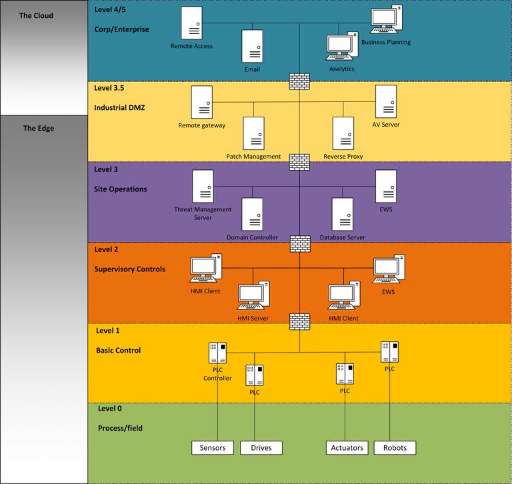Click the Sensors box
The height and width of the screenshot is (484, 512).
(x=213, y=448)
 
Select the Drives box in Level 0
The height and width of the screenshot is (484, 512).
(x=261, y=448)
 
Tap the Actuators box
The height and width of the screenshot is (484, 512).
(x=347, y=448)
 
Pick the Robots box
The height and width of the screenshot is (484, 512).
(x=395, y=448)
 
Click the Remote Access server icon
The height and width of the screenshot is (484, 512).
(x=191, y=23)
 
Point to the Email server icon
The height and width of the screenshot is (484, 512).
(x=253, y=47)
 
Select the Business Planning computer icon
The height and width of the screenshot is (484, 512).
(x=386, y=19)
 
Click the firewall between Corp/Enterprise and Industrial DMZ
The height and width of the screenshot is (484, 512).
(x=300, y=81)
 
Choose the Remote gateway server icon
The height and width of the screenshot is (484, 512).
(x=201, y=103)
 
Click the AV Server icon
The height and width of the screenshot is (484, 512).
(x=386, y=102)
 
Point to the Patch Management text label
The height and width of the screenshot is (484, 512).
(x=253, y=157)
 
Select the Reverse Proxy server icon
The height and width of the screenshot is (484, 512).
(x=343, y=133)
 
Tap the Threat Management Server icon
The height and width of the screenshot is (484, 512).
(x=203, y=186)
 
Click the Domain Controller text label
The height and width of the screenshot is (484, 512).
(x=252, y=237)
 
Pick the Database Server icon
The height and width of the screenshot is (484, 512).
(x=342, y=214)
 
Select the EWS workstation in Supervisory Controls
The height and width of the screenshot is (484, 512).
(x=387, y=269)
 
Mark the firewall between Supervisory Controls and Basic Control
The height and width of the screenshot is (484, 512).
(x=300, y=321)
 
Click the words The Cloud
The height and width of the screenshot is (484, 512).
(x=36, y=15)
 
